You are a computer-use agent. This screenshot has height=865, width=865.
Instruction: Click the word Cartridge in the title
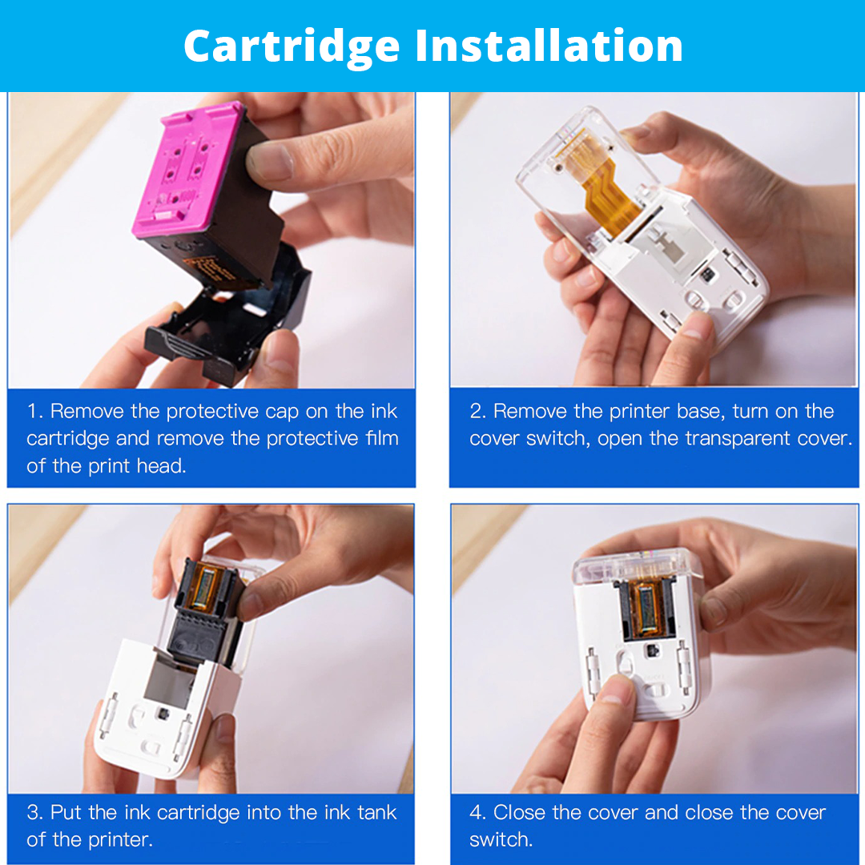pos(292,46)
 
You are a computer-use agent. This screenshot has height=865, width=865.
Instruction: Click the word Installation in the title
pos(549,46)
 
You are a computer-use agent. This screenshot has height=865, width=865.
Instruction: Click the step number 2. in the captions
pos(477,412)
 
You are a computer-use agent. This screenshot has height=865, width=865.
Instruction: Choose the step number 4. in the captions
pos(477,813)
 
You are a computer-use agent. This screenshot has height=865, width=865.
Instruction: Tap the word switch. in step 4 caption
pos(501,840)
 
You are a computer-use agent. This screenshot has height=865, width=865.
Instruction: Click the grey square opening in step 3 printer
pos(170,679)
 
